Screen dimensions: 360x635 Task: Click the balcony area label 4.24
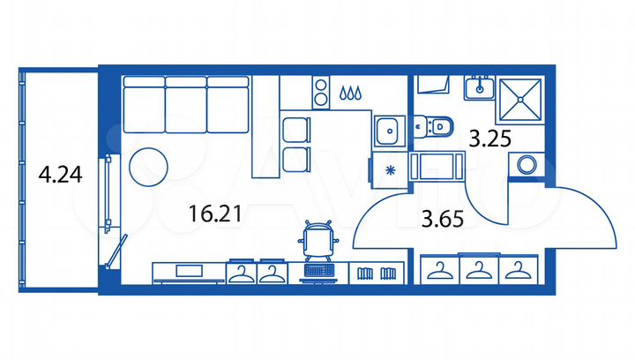click(x=61, y=174)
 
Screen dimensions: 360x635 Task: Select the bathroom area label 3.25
click(x=490, y=138)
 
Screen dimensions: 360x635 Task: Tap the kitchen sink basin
click(x=385, y=133)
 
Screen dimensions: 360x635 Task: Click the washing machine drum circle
click(x=527, y=164)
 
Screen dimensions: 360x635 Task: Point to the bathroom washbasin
click(x=480, y=86)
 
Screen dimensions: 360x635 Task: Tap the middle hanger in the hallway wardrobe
click(x=476, y=271)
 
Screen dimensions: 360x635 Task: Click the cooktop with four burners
click(x=318, y=89)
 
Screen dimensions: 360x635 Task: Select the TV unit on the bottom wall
click(x=189, y=272)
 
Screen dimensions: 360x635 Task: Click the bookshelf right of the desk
click(x=377, y=272)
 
